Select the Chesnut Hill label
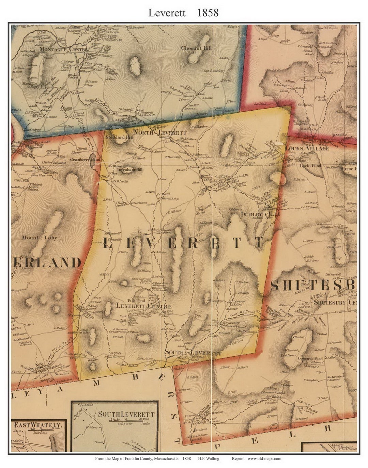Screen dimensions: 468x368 tap(196, 48)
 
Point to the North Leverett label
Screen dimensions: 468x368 tap(155, 132)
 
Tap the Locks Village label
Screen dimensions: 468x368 tap(307, 148)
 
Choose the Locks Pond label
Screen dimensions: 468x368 tap(310, 165)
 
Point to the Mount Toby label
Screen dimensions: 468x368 tap(40, 238)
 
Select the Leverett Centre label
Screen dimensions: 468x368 tap(143, 306)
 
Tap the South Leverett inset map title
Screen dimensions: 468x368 tap(126, 414)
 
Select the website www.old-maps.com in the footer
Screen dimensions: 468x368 tap(264, 458)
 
